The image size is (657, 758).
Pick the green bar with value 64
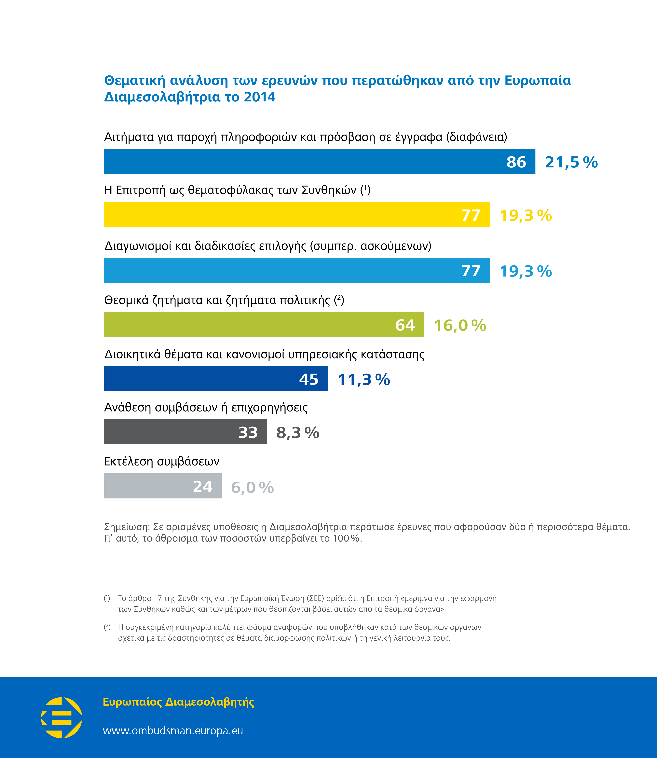click(264, 325)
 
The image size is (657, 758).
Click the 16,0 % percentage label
click(460, 325)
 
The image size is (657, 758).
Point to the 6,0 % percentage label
click(252, 488)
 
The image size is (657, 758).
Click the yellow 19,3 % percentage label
click(525, 216)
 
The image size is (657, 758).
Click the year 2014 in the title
click(260, 97)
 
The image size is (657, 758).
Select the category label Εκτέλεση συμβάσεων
click(162, 461)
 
